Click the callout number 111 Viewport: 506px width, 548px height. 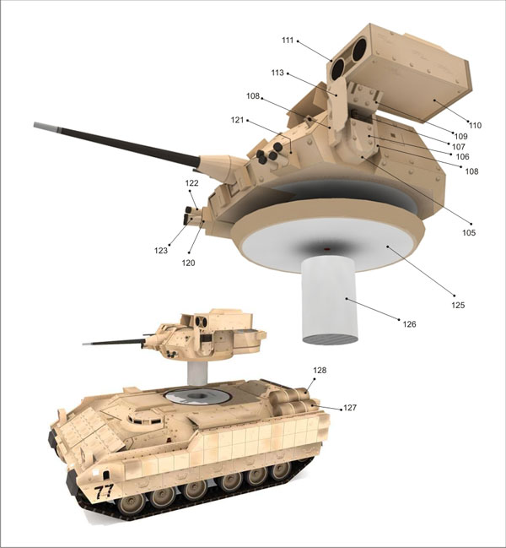(288, 41)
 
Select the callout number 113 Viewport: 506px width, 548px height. (277, 73)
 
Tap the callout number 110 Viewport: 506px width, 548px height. (475, 125)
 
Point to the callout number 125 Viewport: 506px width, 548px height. (458, 305)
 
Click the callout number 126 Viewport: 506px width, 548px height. (409, 324)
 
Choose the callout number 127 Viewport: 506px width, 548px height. (350, 408)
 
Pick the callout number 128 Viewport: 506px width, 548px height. (320, 370)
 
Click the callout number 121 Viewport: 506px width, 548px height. (237, 120)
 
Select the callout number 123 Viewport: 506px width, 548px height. (161, 251)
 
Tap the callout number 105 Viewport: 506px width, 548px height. (469, 232)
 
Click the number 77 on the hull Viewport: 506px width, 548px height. (104, 491)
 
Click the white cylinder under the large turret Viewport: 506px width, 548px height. (330, 301)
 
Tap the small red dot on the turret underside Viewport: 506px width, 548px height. (327, 249)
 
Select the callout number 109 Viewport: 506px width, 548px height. (460, 136)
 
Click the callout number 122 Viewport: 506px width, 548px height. (191, 182)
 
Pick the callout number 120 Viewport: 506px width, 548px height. (188, 263)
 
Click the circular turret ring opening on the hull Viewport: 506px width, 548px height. (197, 396)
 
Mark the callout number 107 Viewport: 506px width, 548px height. (459, 147)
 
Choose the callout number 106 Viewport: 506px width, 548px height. (463, 156)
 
